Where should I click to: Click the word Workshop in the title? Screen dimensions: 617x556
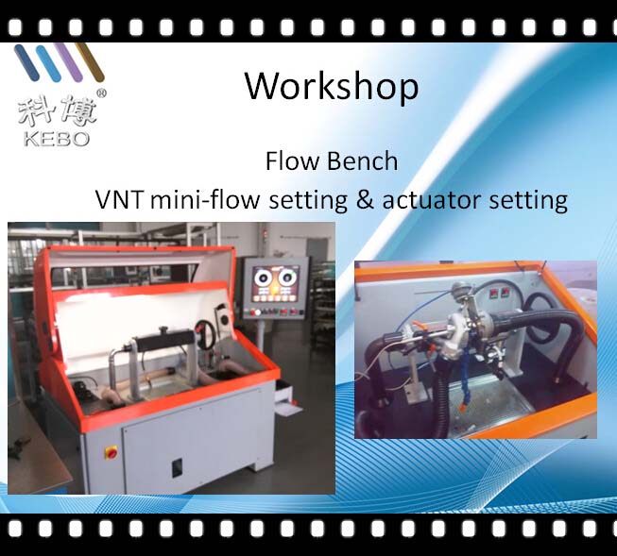[x=332, y=87]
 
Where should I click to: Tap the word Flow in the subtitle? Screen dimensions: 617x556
[x=292, y=160]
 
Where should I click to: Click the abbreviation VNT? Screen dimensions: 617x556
[x=119, y=199]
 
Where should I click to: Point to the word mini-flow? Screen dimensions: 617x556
[x=205, y=199]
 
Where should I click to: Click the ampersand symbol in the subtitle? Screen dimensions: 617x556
[x=365, y=199]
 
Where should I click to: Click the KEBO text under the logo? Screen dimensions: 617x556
[x=57, y=139]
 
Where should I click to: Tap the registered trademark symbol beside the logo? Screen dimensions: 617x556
[x=101, y=93]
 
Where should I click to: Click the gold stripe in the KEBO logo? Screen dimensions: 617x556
[x=90, y=61]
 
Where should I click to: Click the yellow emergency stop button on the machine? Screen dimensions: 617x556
[x=111, y=453]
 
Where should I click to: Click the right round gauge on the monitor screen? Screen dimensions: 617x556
[x=287, y=278]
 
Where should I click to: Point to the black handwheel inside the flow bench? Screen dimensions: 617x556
[x=205, y=336]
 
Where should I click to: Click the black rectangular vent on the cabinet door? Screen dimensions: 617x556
[x=178, y=468]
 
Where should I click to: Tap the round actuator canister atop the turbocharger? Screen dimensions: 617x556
[x=458, y=291]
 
